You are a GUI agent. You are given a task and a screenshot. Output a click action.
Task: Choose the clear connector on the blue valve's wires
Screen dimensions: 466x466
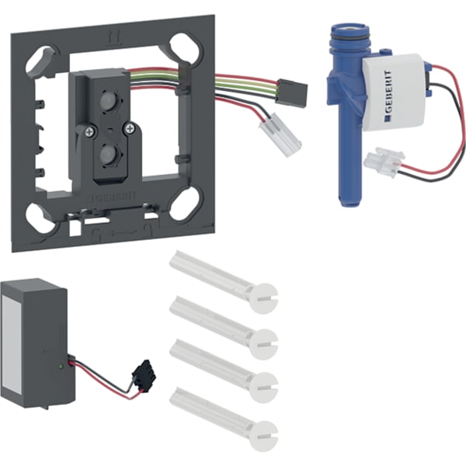pyautogui.click(x=383, y=161)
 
